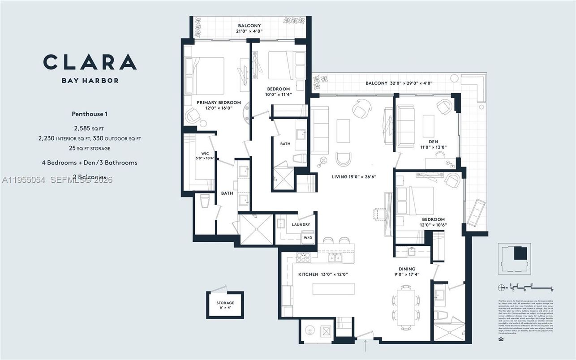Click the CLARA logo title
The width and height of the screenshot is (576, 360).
pyautogui.click(x=90, y=62)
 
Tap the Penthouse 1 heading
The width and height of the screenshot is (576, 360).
pyautogui.click(x=89, y=114)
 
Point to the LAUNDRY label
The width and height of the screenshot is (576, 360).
pyautogui.click(x=301, y=225)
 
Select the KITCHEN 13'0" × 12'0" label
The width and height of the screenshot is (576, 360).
pyautogui.click(x=323, y=274)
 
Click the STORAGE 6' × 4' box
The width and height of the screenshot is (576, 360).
pyautogui.click(x=225, y=305)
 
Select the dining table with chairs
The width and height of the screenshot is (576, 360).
pyautogui.click(x=406, y=307)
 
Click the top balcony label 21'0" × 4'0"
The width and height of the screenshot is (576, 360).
pyautogui.click(x=249, y=29)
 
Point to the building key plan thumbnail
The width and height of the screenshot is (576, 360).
pyautogui.click(x=514, y=258)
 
